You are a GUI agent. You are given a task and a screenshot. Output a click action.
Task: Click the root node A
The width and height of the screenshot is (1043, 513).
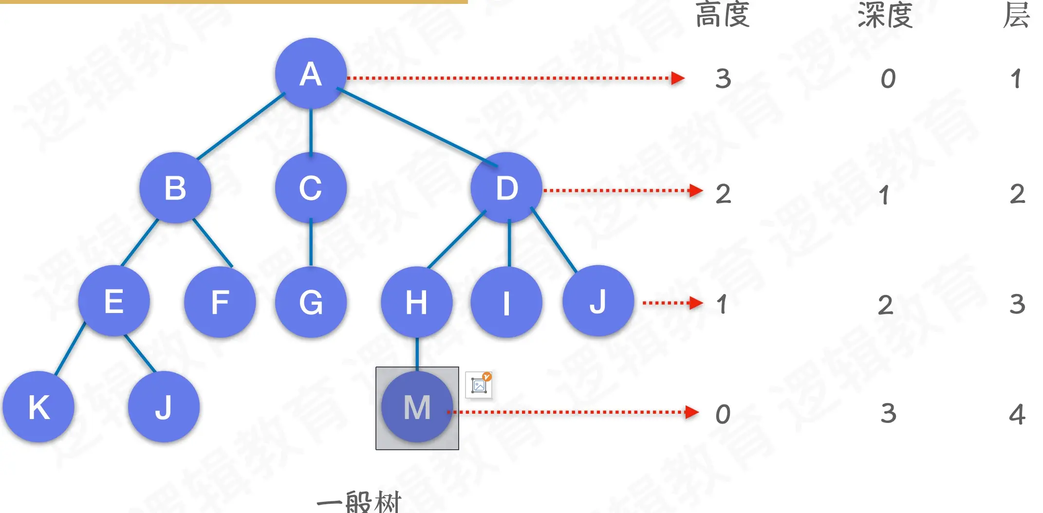click(x=311, y=73)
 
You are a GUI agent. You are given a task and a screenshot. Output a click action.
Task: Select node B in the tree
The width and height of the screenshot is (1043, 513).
click(x=175, y=188)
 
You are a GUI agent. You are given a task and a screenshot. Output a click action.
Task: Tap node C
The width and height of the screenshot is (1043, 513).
click(x=311, y=188)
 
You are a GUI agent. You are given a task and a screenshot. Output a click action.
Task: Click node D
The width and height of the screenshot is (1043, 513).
click(x=506, y=188)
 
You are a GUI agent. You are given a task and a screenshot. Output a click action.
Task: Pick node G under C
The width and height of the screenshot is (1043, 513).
click(x=311, y=302)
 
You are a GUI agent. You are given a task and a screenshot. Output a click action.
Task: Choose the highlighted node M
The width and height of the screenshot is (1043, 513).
click(x=417, y=407)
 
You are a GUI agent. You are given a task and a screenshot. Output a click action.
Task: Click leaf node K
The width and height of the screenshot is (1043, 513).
click(x=38, y=407)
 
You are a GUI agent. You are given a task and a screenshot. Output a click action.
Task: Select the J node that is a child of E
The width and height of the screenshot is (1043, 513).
click(x=164, y=407)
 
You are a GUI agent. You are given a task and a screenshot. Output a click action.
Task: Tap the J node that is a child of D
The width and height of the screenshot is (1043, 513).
click(x=598, y=301)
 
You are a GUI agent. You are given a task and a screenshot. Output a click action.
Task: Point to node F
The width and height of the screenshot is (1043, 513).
click(x=220, y=302)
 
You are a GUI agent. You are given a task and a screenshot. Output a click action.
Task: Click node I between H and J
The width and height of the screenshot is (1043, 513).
click(x=506, y=302)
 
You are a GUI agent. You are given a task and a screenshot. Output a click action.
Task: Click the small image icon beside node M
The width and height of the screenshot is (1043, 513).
click(x=479, y=385)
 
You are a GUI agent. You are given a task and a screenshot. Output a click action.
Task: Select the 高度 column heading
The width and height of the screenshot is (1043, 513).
click(x=723, y=15)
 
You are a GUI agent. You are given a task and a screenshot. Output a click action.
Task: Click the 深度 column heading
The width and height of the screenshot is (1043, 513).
click(x=885, y=15)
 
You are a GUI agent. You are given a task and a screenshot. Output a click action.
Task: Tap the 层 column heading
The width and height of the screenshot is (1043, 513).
click(x=1017, y=15)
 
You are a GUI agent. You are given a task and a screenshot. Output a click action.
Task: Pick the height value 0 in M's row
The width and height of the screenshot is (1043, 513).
click(x=723, y=414)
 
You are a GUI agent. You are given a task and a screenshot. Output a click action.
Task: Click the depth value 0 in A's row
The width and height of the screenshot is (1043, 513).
click(x=888, y=79)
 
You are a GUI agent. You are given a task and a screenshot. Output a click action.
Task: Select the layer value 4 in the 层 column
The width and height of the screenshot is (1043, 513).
click(x=1017, y=414)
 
